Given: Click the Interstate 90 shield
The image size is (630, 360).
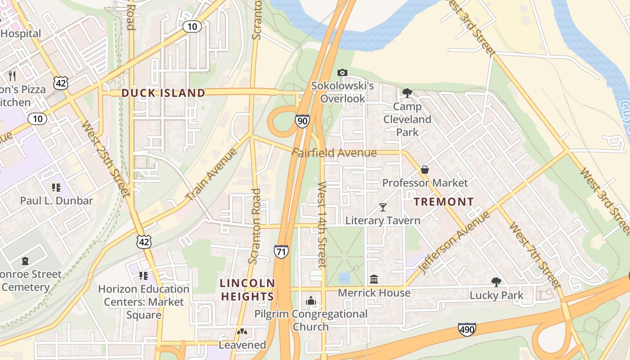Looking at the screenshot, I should pyautogui.click(x=302, y=121).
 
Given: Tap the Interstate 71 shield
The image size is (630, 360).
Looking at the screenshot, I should pyautogui.click(x=281, y=251).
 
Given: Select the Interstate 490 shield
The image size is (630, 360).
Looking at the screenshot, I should pyautogui.click(x=467, y=329).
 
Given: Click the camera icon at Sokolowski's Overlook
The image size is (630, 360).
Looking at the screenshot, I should pyautogui.click(x=342, y=73).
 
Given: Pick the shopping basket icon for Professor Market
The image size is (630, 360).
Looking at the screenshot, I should pyautogui.click(x=424, y=170).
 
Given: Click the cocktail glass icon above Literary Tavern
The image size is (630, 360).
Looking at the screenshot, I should pyautogui.click(x=382, y=207).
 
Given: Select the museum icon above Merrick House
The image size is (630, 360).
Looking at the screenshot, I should pyautogui.click(x=374, y=279).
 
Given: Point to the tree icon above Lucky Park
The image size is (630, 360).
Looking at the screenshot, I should pyautogui.click(x=496, y=282).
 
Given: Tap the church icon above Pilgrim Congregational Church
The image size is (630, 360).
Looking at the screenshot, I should pyautogui.click(x=310, y=301).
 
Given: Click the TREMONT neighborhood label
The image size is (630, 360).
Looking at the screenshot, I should pyautogui.click(x=444, y=202).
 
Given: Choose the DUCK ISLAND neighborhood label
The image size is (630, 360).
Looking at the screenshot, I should pyautogui.click(x=163, y=93).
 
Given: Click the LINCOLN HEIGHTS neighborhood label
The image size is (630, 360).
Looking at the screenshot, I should pyautogui.click(x=247, y=290).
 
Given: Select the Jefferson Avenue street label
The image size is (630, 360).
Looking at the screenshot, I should pyautogui.click(x=454, y=243).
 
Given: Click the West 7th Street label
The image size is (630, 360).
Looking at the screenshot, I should pyautogui.click(x=535, y=255).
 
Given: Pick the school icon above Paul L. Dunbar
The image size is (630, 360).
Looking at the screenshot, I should pyautogui.click(x=56, y=187).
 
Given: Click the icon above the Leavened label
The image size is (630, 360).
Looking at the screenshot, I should pyautogui.click(x=242, y=332).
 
